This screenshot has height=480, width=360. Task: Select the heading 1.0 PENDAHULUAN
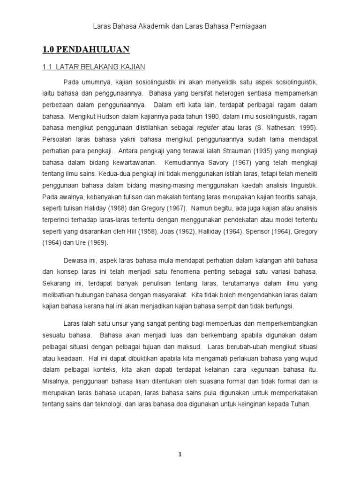coord(86,49)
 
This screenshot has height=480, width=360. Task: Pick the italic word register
coord(208,128)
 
